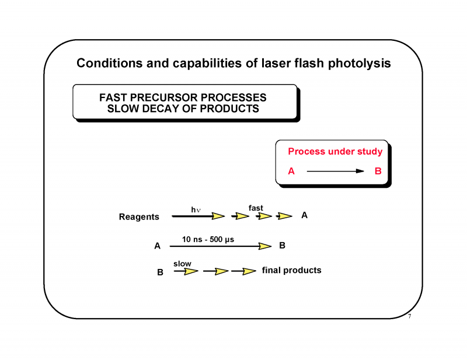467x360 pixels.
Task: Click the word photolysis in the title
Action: pos(357,63)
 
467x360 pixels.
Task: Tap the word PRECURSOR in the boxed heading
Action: pos(165,97)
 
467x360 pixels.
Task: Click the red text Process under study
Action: pos(335,152)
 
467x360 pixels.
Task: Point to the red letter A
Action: pos(291,172)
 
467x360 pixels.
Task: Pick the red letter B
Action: pos(378,172)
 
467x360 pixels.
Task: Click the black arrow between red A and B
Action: pos(335,172)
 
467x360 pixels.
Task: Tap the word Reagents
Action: pos(139,217)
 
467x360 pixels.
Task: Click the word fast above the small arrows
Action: pos(256,208)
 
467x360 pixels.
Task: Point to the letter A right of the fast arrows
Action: pos(304,215)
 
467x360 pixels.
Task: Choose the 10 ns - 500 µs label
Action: pos(208,239)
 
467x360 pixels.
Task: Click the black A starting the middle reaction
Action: pos(157,246)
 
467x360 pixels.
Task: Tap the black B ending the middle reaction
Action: pos(282,246)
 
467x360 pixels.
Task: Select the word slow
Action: pos(182,264)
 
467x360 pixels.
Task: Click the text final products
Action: pos(291,270)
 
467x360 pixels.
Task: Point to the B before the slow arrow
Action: pos(160,272)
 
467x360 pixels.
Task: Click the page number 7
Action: pos(410,317)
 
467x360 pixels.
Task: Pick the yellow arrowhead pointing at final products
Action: pos(249,271)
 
